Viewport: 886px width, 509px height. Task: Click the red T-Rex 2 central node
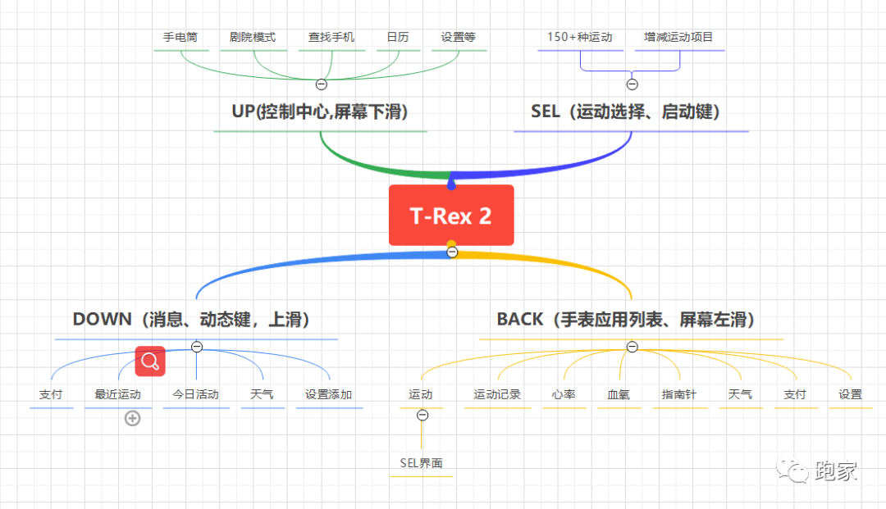coord(451,215)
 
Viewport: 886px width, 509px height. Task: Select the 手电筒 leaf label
coord(180,37)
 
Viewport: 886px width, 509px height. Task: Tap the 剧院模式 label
coord(253,37)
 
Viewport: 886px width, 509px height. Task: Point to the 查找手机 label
coord(331,37)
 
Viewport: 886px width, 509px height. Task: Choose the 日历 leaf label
coord(398,37)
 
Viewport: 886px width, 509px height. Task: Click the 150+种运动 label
coord(579,37)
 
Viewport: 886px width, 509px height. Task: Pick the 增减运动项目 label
coord(678,37)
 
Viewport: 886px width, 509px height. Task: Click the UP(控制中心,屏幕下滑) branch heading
coord(320,111)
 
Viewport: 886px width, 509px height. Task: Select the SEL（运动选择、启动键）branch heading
coord(630,111)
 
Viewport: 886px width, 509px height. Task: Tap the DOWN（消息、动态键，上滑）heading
coord(196,319)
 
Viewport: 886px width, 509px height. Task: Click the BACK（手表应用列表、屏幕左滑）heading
coord(630,319)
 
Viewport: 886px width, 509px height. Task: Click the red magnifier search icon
coord(150,361)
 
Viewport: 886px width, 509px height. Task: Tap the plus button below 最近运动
coord(132,419)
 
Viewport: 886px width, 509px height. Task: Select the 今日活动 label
coord(195,394)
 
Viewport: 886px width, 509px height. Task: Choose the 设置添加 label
coord(328,394)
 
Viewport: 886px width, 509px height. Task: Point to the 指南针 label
coord(679,394)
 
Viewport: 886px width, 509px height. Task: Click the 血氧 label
coord(619,394)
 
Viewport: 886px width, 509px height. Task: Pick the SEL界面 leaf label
coord(421,463)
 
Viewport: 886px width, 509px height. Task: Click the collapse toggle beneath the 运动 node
coord(422,416)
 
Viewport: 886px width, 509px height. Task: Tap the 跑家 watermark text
coord(836,470)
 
